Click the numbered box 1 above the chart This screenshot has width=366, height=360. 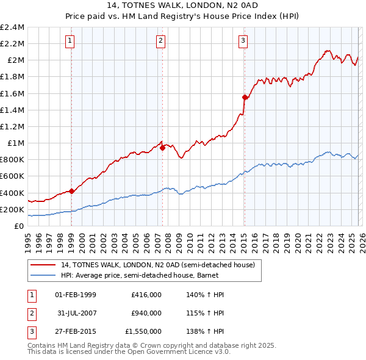click(x=70, y=41)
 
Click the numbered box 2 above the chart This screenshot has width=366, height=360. click(x=160, y=41)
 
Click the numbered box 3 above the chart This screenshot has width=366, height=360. click(x=243, y=41)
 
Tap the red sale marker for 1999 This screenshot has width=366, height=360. click(x=71, y=191)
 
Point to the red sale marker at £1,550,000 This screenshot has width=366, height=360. click(x=245, y=97)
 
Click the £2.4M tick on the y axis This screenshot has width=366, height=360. click(x=12, y=27)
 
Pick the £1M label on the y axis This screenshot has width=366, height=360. click(x=15, y=143)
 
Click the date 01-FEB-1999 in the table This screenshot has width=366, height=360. click(x=76, y=295)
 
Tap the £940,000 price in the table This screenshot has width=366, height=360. click(x=146, y=313)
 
